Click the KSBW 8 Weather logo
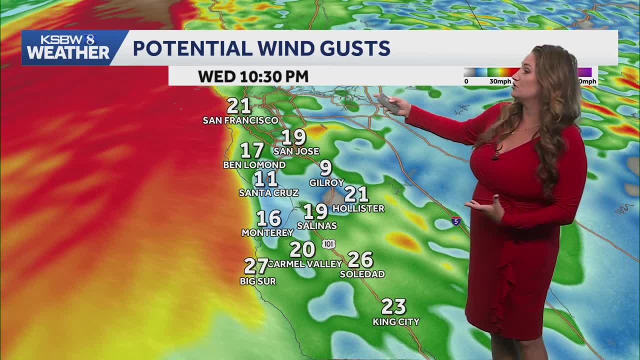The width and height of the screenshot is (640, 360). (x=68, y=47)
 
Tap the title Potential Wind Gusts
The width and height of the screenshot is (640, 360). (x=261, y=48)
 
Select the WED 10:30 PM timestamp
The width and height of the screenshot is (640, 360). (x=253, y=76)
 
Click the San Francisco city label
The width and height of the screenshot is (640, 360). (x=240, y=120)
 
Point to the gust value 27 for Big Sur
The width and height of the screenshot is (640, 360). (x=256, y=266)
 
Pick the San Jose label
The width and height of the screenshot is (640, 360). (x=296, y=151)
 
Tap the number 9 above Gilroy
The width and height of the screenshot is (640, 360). (x=326, y=168)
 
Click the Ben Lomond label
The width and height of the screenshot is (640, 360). (x=254, y=164)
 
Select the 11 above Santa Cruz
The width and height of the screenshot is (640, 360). (x=265, y=179)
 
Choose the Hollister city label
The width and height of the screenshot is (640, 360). (x=358, y=208)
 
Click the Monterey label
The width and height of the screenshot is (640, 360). (x=267, y=232)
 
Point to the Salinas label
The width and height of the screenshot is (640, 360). (x=317, y=226)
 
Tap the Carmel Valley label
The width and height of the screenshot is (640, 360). (x=305, y=263)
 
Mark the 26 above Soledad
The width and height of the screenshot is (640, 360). (x=360, y=259)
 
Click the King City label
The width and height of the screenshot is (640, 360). (x=396, y=322)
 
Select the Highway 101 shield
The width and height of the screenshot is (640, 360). (x=328, y=244)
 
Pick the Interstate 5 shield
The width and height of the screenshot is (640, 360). (x=456, y=220)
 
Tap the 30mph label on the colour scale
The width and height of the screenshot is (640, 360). (x=500, y=81)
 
